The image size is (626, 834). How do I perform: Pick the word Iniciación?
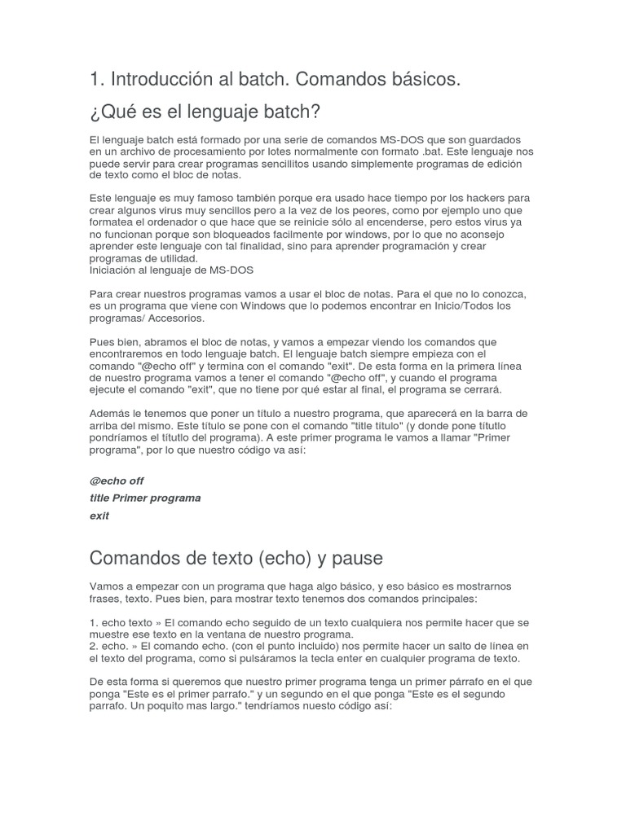click(x=115, y=270)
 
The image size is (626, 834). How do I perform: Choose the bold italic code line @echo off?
click(x=117, y=481)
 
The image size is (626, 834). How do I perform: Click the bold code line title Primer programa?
click(x=145, y=498)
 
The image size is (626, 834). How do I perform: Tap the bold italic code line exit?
click(x=99, y=516)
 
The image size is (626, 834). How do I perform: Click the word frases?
click(x=106, y=599)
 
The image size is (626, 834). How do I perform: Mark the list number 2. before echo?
click(x=94, y=647)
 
